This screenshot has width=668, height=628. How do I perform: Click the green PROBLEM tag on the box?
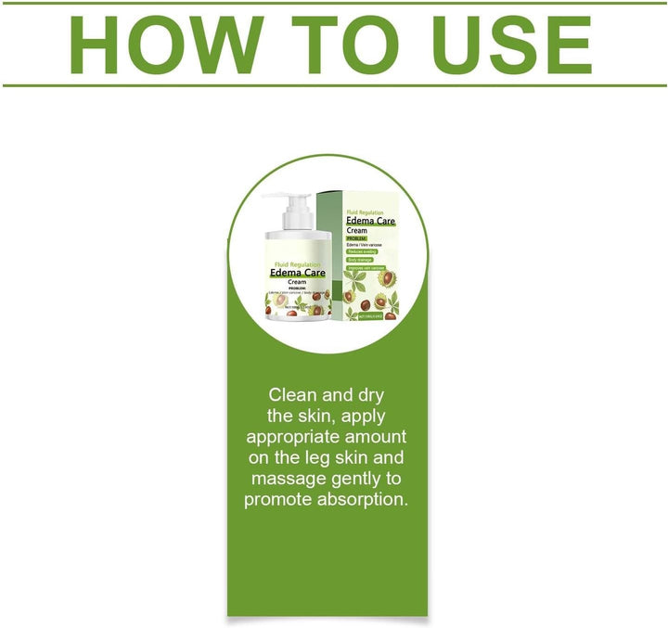[x=359, y=237]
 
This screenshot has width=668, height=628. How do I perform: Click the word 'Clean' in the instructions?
[x=295, y=395]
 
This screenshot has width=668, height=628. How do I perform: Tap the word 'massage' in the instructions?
[x=288, y=479]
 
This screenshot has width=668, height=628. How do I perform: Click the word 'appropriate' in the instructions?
[x=291, y=437]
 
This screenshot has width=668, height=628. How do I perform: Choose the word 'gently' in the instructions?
[x=356, y=479]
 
